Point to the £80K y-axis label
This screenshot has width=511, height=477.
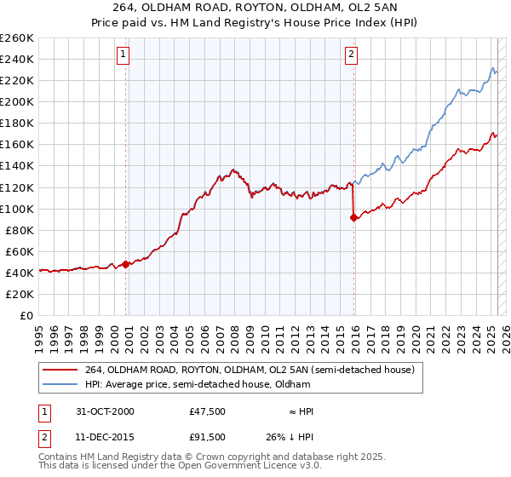tap(20, 230)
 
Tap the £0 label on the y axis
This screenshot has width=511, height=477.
tap(28, 315)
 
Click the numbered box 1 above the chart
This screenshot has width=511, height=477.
tap(124, 55)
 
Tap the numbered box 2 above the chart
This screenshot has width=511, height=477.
tap(352, 55)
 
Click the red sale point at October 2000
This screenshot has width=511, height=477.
tap(126, 264)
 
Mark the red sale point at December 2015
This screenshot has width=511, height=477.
tap(353, 217)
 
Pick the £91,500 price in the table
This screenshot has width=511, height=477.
tap(208, 436)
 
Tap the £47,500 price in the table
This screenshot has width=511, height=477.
tap(208, 411)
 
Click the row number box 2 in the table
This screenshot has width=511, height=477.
tap(43, 436)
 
